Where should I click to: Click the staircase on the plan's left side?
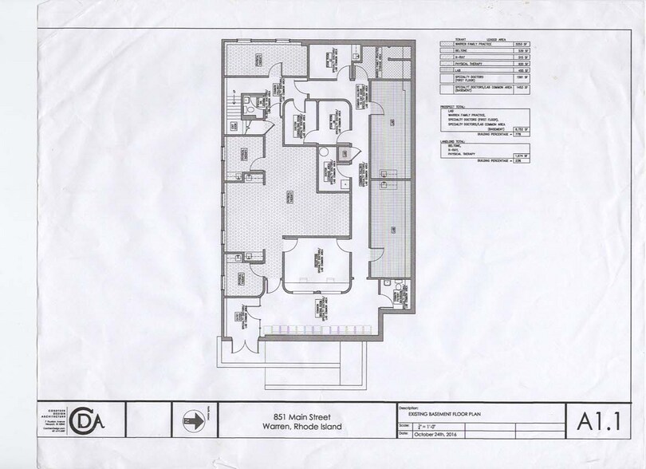click(231, 120)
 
